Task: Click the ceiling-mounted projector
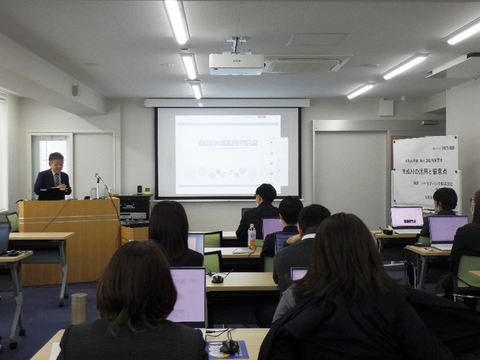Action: pos(236,64)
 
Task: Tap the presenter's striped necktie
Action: pos(57,179)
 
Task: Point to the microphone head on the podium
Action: pos(97,176)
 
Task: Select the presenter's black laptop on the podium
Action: pos(52,194)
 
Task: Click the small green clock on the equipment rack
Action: pos(147,190)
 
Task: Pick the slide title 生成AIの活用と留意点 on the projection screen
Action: pos(228,143)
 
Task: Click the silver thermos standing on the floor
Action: pos(79,308)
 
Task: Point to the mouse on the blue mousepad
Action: pos(229,346)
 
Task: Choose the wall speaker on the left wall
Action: pos(76,89)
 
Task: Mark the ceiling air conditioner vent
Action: pos(302,65)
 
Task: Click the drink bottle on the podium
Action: pos(110,193)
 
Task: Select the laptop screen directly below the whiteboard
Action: pos(407,217)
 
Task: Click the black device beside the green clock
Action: pos(140,189)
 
